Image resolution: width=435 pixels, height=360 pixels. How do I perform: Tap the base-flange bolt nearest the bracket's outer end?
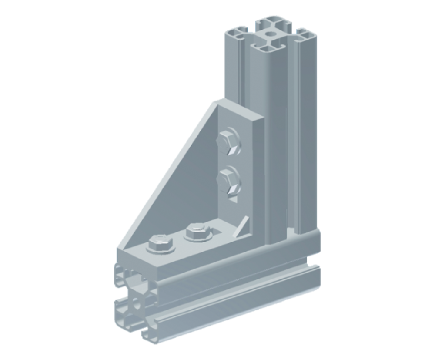coord(160,243)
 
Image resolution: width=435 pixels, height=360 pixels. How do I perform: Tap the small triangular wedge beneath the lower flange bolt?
coord(232,199)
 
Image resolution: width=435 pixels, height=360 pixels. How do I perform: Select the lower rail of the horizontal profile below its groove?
coord(244,309)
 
